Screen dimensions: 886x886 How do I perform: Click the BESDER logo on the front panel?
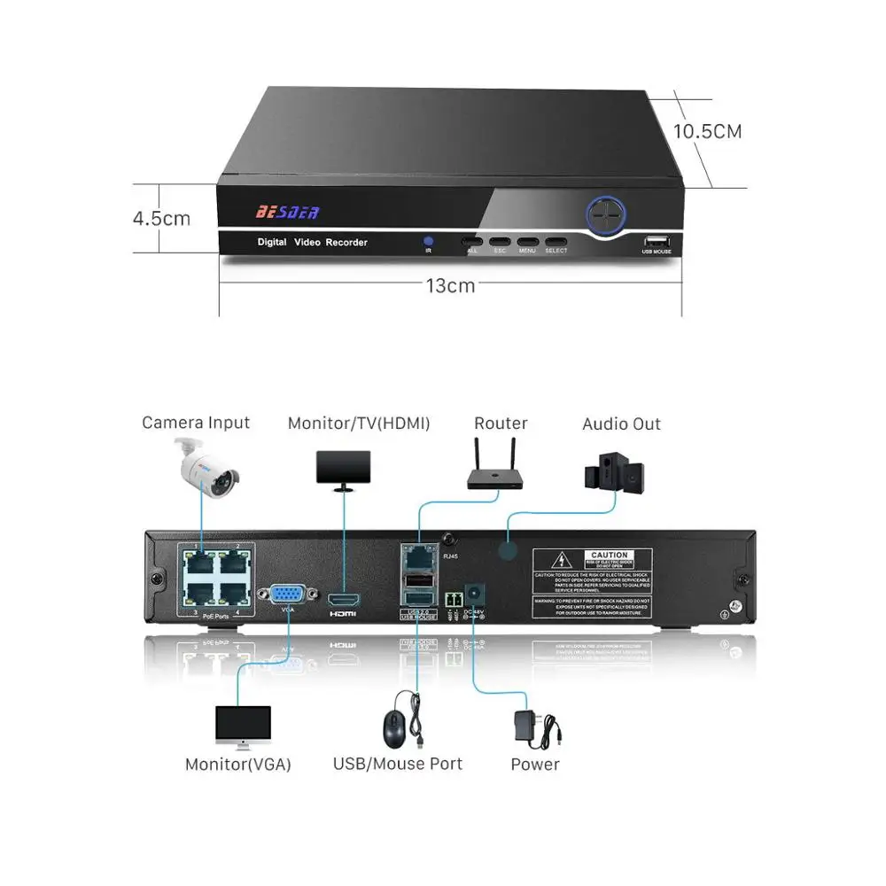coord(287,212)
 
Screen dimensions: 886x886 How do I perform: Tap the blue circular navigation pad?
coord(605,214)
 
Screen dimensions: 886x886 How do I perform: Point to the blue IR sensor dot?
coord(428,241)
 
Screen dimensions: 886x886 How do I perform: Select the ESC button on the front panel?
coord(500,241)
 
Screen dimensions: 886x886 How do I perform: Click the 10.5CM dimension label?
coord(707,132)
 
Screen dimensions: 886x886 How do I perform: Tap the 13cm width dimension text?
coord(450,285)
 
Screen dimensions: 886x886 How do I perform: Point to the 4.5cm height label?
coord(161,218)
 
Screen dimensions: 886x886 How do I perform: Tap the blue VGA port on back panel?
coord(287,593)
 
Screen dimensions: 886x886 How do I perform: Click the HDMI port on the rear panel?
coord(343,600)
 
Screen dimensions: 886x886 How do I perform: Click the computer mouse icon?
coord(395,729)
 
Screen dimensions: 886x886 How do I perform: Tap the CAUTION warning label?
coord(592,583)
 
